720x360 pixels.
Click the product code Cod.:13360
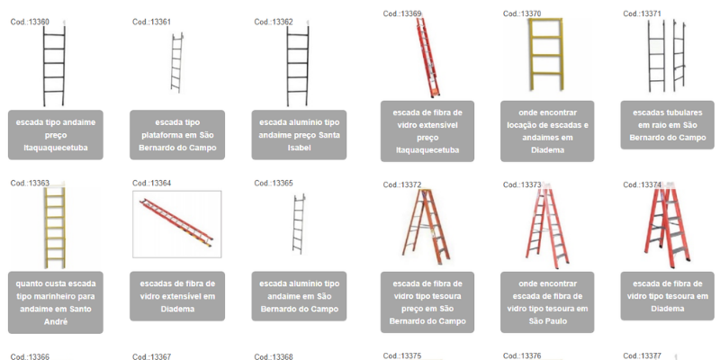click(30, 22)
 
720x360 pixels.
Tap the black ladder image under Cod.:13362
click(298, 65)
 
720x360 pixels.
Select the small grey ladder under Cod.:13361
click(176, 62)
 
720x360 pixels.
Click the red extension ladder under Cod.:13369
click(427, 57)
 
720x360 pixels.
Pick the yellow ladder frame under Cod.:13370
click(545, 54)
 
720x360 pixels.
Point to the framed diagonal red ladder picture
click(176, 224)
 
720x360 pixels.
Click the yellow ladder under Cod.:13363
click(55, 228)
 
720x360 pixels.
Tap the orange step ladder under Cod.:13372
click(427, 227)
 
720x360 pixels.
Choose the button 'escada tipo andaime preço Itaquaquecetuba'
click(56, 135)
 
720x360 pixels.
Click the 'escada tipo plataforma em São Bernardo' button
click(177, 135)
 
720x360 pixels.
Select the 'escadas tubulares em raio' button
click(667, 125)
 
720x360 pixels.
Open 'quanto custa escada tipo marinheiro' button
click(56, 302)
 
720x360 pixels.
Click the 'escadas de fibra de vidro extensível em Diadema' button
click(177, 296)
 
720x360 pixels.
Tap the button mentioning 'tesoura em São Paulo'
click(547, 302)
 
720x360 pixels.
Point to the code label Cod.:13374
click(642, 184)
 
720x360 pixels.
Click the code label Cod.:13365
click(274, 184)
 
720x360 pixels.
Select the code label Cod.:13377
click(642, 355)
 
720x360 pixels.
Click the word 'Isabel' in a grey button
click(299, 148)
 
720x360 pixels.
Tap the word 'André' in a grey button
click(56, 321)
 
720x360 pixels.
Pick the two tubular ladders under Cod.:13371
click(666, 56)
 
